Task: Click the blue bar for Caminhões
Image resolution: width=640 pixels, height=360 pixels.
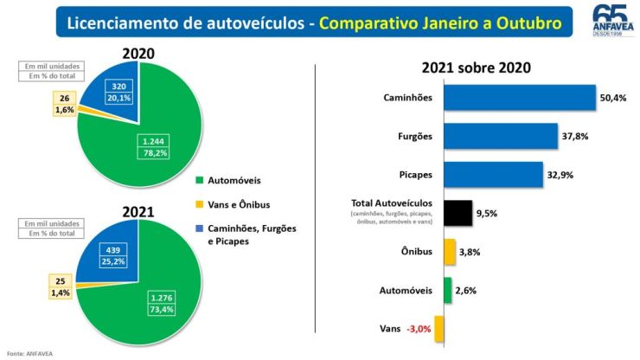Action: click(519, 97)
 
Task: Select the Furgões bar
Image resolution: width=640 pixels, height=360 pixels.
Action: click(500, 135)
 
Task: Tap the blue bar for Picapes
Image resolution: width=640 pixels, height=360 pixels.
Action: click(493, 174)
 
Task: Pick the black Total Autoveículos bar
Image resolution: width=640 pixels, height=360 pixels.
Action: click(458, 213)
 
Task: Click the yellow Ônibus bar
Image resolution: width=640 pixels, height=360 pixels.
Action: click(449, 252)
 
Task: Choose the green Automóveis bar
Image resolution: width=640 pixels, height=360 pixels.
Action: click(447, 291)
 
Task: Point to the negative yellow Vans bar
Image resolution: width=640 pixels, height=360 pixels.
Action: click(439, 330)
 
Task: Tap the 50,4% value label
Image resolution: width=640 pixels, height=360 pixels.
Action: click(612, 97)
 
